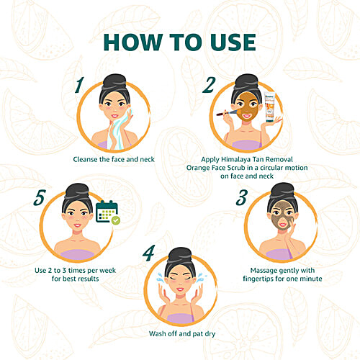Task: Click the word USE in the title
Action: point(233,42)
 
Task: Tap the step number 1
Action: point(79,85)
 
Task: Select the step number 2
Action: point(209,85)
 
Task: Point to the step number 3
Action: point(241,197)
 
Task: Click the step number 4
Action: point(149,253)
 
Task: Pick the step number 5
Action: point(40,197)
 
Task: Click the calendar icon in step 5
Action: point(107,212)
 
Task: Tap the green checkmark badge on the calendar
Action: point(116,220)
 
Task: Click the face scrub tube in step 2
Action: point(270,107)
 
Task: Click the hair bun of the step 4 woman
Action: point(180,255)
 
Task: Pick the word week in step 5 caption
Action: point(107,271)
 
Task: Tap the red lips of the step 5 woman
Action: point(78,225)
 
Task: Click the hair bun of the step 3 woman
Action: point(282,190)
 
